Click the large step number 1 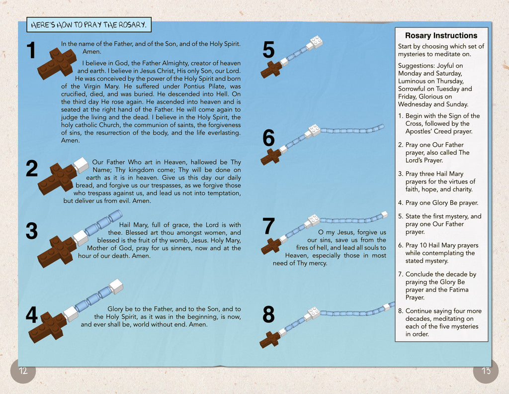tap(31, 51)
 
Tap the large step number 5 tap(268, 51)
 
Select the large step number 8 tap(268, 315)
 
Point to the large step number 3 tap(31, 232)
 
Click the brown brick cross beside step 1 tap(57, 63)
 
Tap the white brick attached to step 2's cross tap(81, 165)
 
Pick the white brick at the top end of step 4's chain tap(116, 286)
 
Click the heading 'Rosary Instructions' tap(441, 36)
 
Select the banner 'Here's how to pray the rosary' tap(88, 25)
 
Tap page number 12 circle tap(23, 371)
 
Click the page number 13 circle tap(486, 371)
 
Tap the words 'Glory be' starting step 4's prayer tap(122, 309)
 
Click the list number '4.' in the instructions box tap(401, 203)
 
